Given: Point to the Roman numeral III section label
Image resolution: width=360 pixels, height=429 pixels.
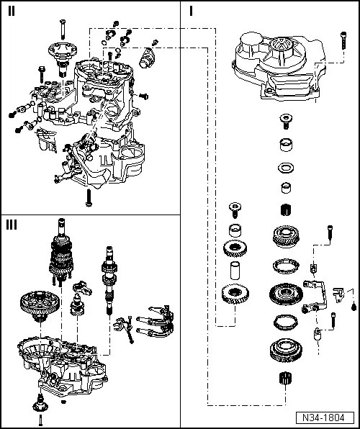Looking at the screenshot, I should [x=12, y=225].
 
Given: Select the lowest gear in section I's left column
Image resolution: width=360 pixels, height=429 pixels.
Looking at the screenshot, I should [x=235, y=295].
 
